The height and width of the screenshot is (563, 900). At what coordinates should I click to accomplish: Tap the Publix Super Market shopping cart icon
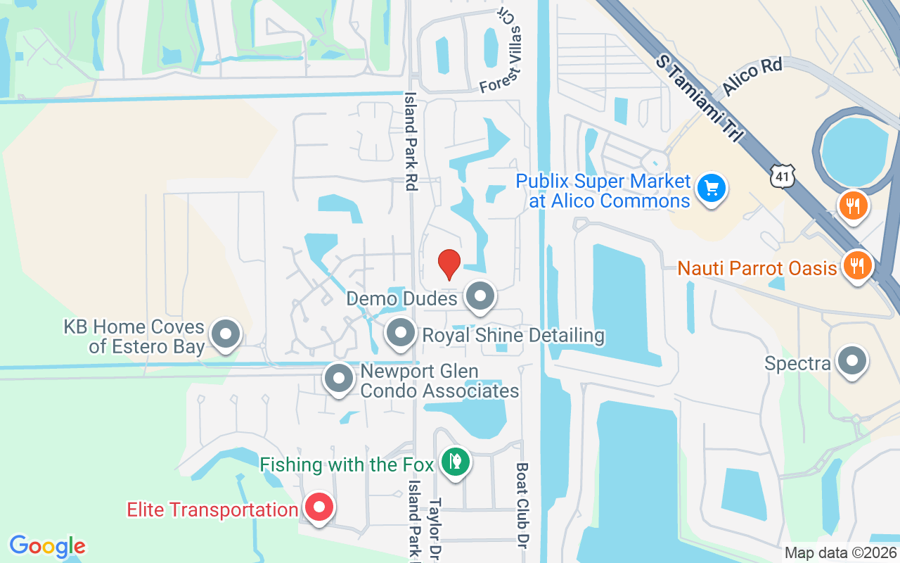click(x=712, y=189)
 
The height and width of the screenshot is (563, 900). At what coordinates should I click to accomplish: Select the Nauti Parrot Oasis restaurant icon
click(x=856, y=266)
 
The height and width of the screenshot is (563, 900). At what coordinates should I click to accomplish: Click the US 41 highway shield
click(x=783, y=177)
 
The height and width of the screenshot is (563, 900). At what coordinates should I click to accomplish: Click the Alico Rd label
click(x=751, y=79)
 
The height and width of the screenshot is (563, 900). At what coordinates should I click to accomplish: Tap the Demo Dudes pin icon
click(x=481, y=296)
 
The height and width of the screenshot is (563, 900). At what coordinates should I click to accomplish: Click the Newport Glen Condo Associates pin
click(x=339, y=379)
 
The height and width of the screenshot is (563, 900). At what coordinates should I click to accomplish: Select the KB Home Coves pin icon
click(x=226, y=335)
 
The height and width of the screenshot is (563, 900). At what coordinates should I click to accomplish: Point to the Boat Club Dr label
click(x=522, y=501)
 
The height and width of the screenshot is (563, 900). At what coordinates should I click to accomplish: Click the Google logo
click(x=47, y=546)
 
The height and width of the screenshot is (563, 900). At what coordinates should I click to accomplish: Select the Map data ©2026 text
click(x=840, y=553)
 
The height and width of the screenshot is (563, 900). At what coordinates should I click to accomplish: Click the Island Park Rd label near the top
click(x=410, y=141)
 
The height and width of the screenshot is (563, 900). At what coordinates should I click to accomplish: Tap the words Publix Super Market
click(x=603, y=182)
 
